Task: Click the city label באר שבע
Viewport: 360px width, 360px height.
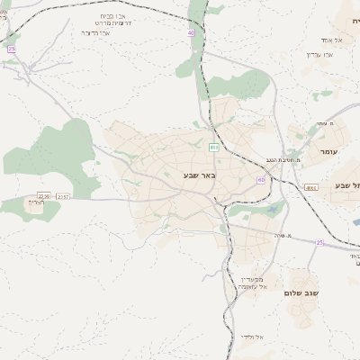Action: (x=196, y=175)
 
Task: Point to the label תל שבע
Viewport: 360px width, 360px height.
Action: (x=346, y=185)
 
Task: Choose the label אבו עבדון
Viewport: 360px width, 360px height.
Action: (x=319, y=54)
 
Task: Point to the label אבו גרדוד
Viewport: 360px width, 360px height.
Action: (x=96, y=32)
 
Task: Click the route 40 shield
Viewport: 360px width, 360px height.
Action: (x=191, y=32)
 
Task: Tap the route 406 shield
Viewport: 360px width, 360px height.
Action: (x=213, y=147)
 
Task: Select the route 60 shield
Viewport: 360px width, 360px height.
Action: (x=261, y=179)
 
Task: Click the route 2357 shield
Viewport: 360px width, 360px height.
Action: (x=63, y=196)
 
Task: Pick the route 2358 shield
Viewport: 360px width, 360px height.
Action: (x=43, y=195)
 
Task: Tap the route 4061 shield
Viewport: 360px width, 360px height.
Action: (x=310, y=187)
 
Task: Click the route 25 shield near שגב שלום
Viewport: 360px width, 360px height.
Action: (x=319, y=242)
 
